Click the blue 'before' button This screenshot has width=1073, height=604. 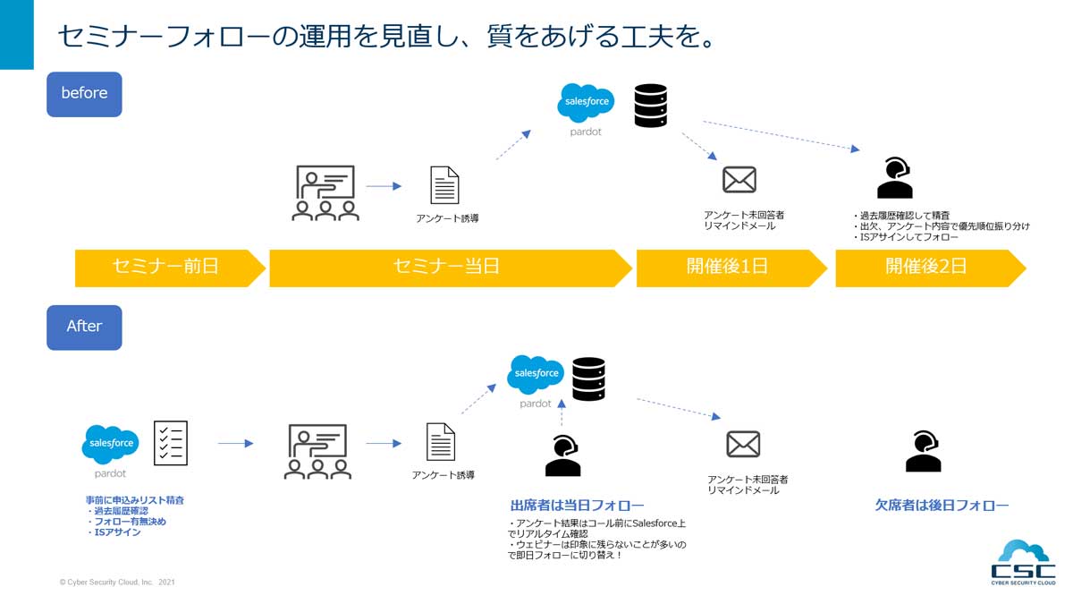[x=84, y=93]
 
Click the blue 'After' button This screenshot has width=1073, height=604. [x=84, y=327]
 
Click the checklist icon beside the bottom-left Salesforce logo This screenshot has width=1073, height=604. [x=171, y=442]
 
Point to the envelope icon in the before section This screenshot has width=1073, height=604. [x=739, y=180]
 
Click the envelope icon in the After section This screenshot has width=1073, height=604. [x=743, y=444]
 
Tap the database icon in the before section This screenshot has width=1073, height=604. [x=650, y=106]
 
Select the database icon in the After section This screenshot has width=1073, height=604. [x=588, y=379]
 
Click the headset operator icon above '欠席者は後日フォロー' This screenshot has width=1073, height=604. [x=923, y=451]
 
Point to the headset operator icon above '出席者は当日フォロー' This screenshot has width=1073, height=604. [x=563, y=455]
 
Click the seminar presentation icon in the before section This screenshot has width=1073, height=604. [x=325, y=192]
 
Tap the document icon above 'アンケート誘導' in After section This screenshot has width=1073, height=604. [x=441, y=442]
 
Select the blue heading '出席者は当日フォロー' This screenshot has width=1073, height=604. [x=577, y=506]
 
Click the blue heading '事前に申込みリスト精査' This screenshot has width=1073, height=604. [x=135, y=499]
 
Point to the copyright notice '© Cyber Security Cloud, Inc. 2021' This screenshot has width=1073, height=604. [x=117, y=583]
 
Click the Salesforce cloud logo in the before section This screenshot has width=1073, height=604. [x=586, y=103]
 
